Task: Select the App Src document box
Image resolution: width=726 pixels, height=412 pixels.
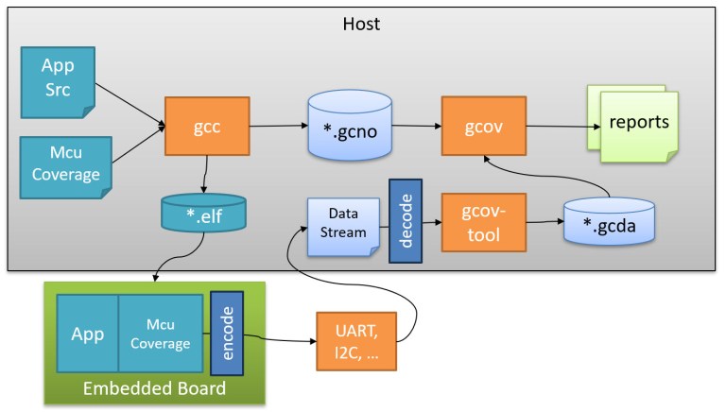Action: click(58, 79)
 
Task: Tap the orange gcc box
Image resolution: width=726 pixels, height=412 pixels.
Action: click(206, 126)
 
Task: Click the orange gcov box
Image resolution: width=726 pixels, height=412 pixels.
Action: click(483, 126)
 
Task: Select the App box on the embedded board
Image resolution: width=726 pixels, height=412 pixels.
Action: click(86, 333)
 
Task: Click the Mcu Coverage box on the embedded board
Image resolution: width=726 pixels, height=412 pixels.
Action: click(160, 333)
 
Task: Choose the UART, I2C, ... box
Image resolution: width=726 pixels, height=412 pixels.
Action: click(356, 341)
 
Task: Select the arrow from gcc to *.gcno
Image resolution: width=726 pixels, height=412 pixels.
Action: click(279, 126)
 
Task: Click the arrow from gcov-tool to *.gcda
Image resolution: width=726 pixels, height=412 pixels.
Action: click(544, 224)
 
